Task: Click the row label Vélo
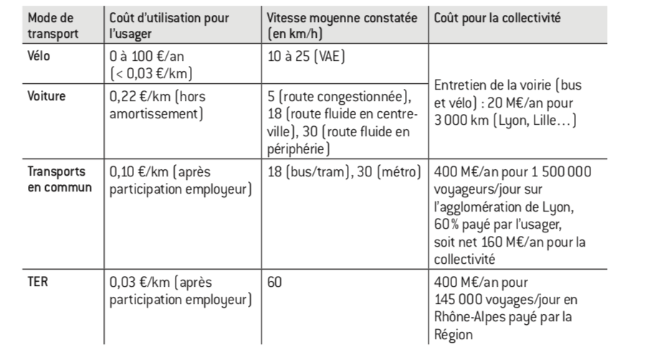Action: pos(39,55)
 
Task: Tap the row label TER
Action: pos(36,282)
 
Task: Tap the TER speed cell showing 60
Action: pos(274,283)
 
